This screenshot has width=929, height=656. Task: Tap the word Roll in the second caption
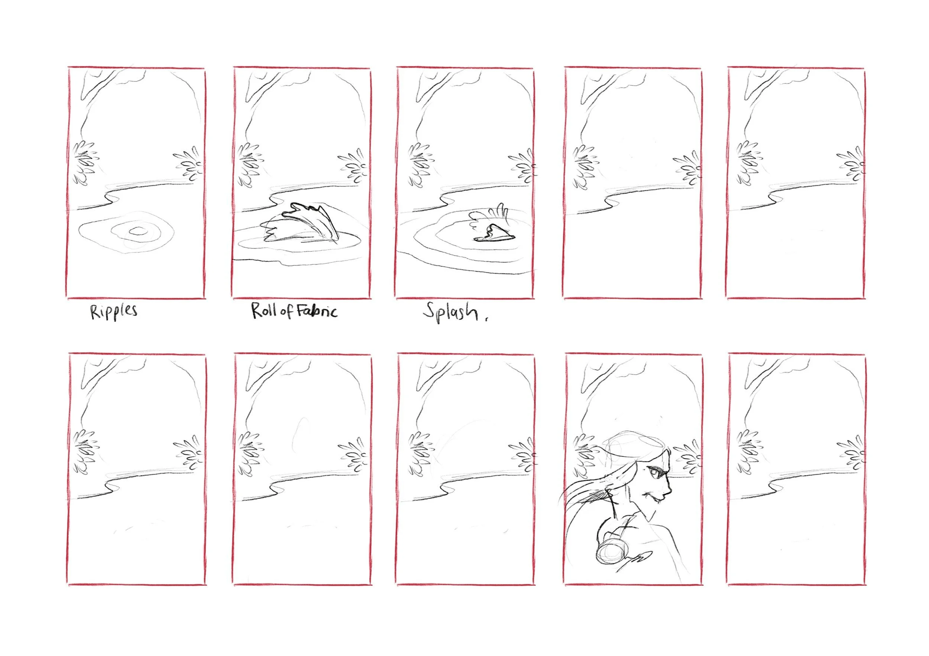pos(263,310)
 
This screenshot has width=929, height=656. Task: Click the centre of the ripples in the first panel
pos(138,231)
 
